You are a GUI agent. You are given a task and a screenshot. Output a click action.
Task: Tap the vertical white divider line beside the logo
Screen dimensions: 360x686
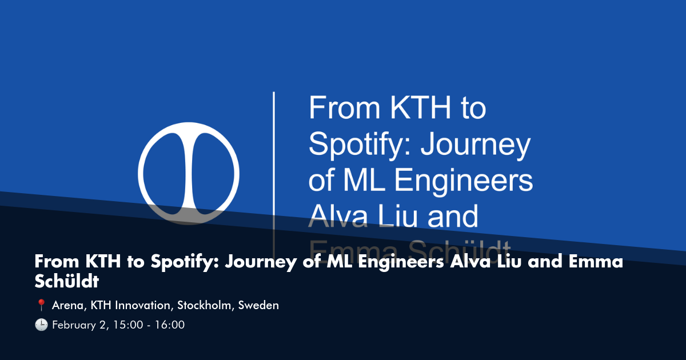coord(274,171)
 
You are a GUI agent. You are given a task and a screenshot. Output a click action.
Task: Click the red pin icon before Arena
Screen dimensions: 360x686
coord(41,306)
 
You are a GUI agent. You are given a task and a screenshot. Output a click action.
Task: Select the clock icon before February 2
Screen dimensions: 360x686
coord(41,325)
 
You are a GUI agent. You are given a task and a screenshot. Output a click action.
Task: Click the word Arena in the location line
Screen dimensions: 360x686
coord(67,306)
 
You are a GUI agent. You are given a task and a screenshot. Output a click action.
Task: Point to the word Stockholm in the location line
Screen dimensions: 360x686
coord(204,306)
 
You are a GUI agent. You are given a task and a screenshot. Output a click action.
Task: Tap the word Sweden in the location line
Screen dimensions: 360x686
coord(258,306)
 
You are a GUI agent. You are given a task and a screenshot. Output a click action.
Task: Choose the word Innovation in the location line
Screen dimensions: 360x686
coord(144,306)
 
